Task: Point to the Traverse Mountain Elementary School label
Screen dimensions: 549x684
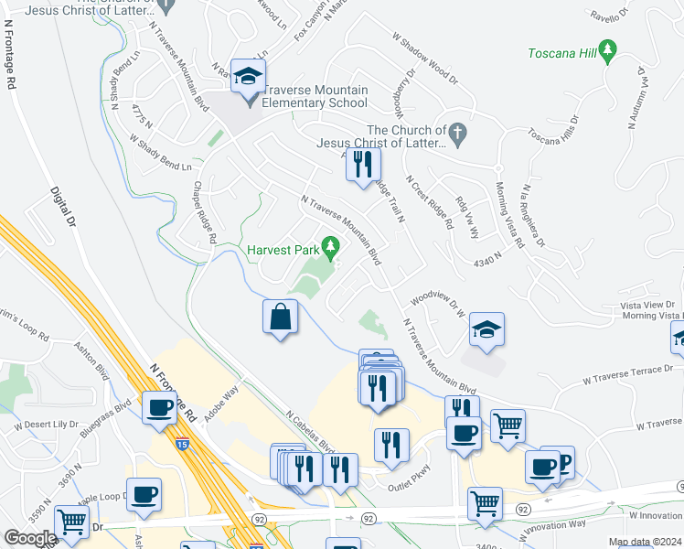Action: (315, 97)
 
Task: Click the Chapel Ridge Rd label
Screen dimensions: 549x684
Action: (203, 211)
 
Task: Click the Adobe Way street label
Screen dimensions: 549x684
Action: (220, 402)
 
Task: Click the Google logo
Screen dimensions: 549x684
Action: (30, 538)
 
